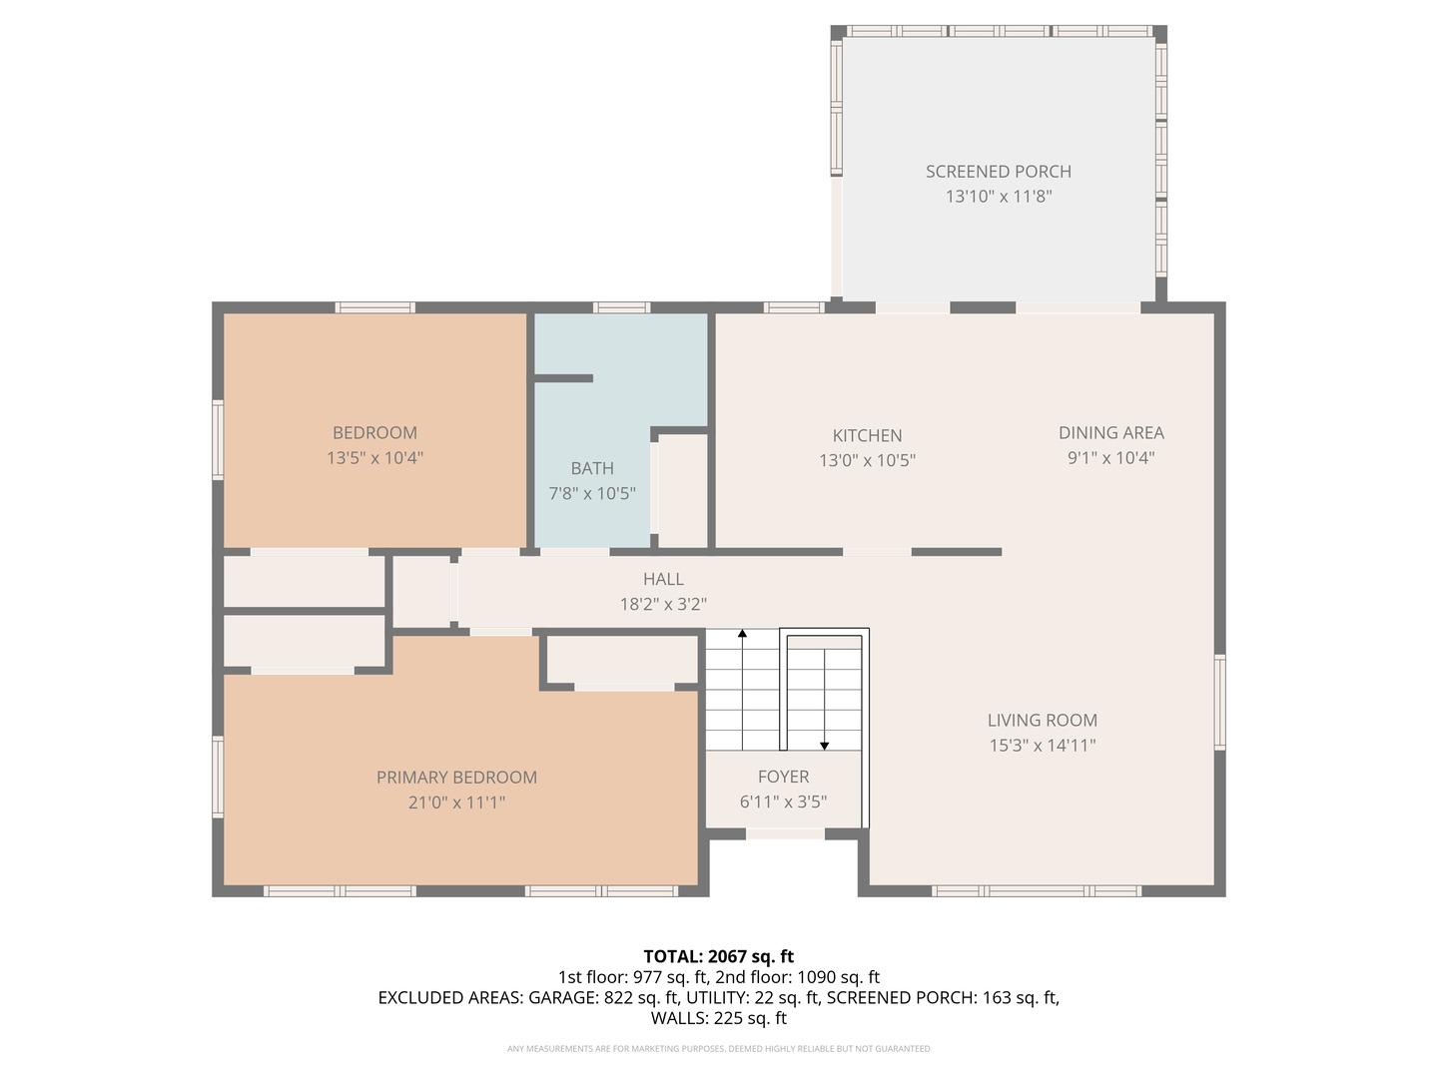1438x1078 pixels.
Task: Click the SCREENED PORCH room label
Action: click(998, 172)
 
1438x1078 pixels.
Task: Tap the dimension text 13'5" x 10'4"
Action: click(374, 458)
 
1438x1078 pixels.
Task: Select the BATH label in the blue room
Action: click(592, 468)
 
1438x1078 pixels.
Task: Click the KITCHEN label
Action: click(867, 436)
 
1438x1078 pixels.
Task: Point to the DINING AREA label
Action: click(1110, 433)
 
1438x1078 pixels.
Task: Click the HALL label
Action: click(663, 579)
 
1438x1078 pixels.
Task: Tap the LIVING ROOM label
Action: click(1042, 721)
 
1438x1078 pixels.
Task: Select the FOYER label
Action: click(783, 777)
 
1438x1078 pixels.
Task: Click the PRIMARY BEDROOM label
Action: click(456, 778)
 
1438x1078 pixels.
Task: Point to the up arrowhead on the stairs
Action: click(742, 633)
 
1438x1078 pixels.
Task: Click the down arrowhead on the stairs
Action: click(824, 746)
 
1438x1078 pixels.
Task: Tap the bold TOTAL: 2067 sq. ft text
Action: click(718, 956)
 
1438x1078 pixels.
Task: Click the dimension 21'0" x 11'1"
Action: click(456, 803)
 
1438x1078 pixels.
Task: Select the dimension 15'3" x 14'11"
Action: click(1042, 746)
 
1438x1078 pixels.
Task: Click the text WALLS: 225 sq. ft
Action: click(718, 1018)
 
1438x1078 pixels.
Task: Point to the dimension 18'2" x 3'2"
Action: click(663, 604)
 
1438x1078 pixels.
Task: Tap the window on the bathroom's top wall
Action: click(621, 307)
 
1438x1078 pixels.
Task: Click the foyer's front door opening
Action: click(785, 833)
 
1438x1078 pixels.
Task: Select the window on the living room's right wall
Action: click(1219, 702)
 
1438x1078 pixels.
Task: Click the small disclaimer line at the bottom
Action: click(718, 1049)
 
